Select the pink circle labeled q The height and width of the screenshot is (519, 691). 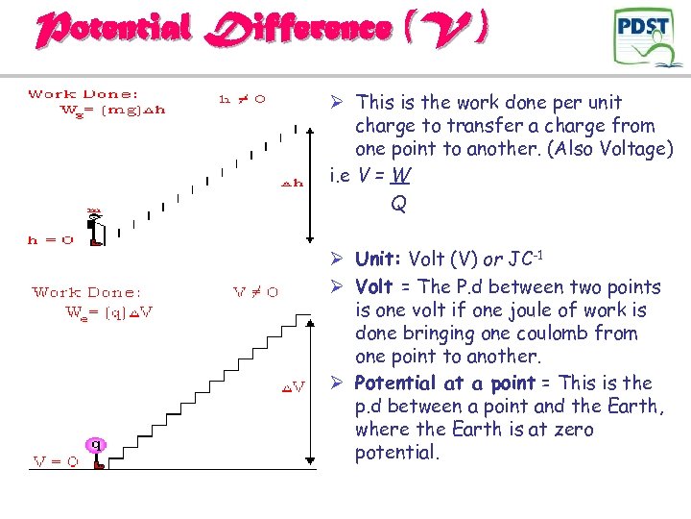[x=95, y=444]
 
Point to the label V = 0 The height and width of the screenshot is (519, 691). [x=56, y=461]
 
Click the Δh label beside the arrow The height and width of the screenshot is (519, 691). [x=293, y=181]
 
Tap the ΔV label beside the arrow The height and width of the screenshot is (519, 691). [x=293, y=387]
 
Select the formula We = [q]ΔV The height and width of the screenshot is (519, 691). [x=108, y=312]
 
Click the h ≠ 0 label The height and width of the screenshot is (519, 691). [x=243, y=98]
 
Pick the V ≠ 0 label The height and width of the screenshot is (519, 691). [x=256, y=292]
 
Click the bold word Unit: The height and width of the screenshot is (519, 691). [x=379, y=259]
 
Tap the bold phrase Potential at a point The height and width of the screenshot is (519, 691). [x=445, y=383]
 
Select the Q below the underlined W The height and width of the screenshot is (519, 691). [x=398, y=204]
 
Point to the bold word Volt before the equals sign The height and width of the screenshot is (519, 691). [x=374, y=287]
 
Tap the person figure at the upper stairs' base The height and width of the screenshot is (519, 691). [x=95, y=226]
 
